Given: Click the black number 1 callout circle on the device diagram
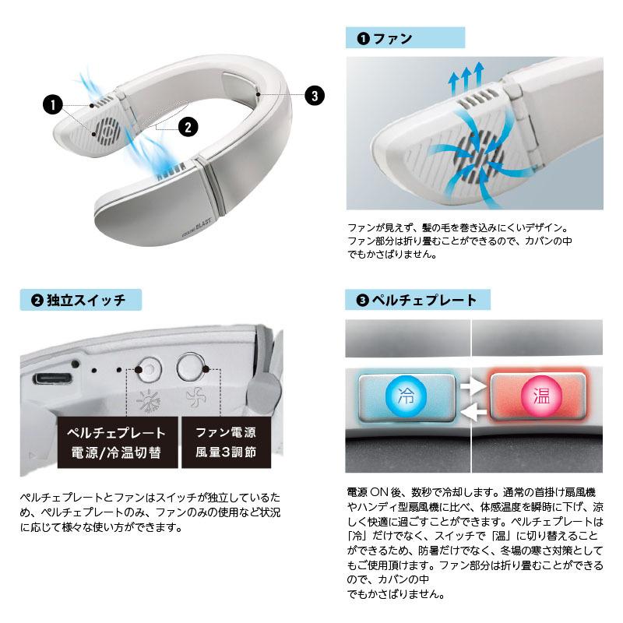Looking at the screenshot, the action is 52,104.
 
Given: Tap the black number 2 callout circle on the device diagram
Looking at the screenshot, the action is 188,127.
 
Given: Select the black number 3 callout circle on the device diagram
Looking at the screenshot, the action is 315,95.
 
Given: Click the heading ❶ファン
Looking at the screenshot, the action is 385,38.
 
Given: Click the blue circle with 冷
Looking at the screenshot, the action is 406,396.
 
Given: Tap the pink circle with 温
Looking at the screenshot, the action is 541,396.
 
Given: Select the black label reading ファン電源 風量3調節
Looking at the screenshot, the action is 226,442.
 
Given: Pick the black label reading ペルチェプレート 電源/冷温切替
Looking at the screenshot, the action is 118,442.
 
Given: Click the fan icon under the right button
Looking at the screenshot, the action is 196,397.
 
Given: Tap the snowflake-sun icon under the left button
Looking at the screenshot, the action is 148,401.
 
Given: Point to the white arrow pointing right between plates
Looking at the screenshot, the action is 473,385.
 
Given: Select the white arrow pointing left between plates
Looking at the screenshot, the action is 472,413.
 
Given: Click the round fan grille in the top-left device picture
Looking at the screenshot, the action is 108,130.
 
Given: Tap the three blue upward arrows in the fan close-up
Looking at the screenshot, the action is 466,79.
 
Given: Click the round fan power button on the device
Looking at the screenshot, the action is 192,367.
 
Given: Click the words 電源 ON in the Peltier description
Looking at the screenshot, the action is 368,492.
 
